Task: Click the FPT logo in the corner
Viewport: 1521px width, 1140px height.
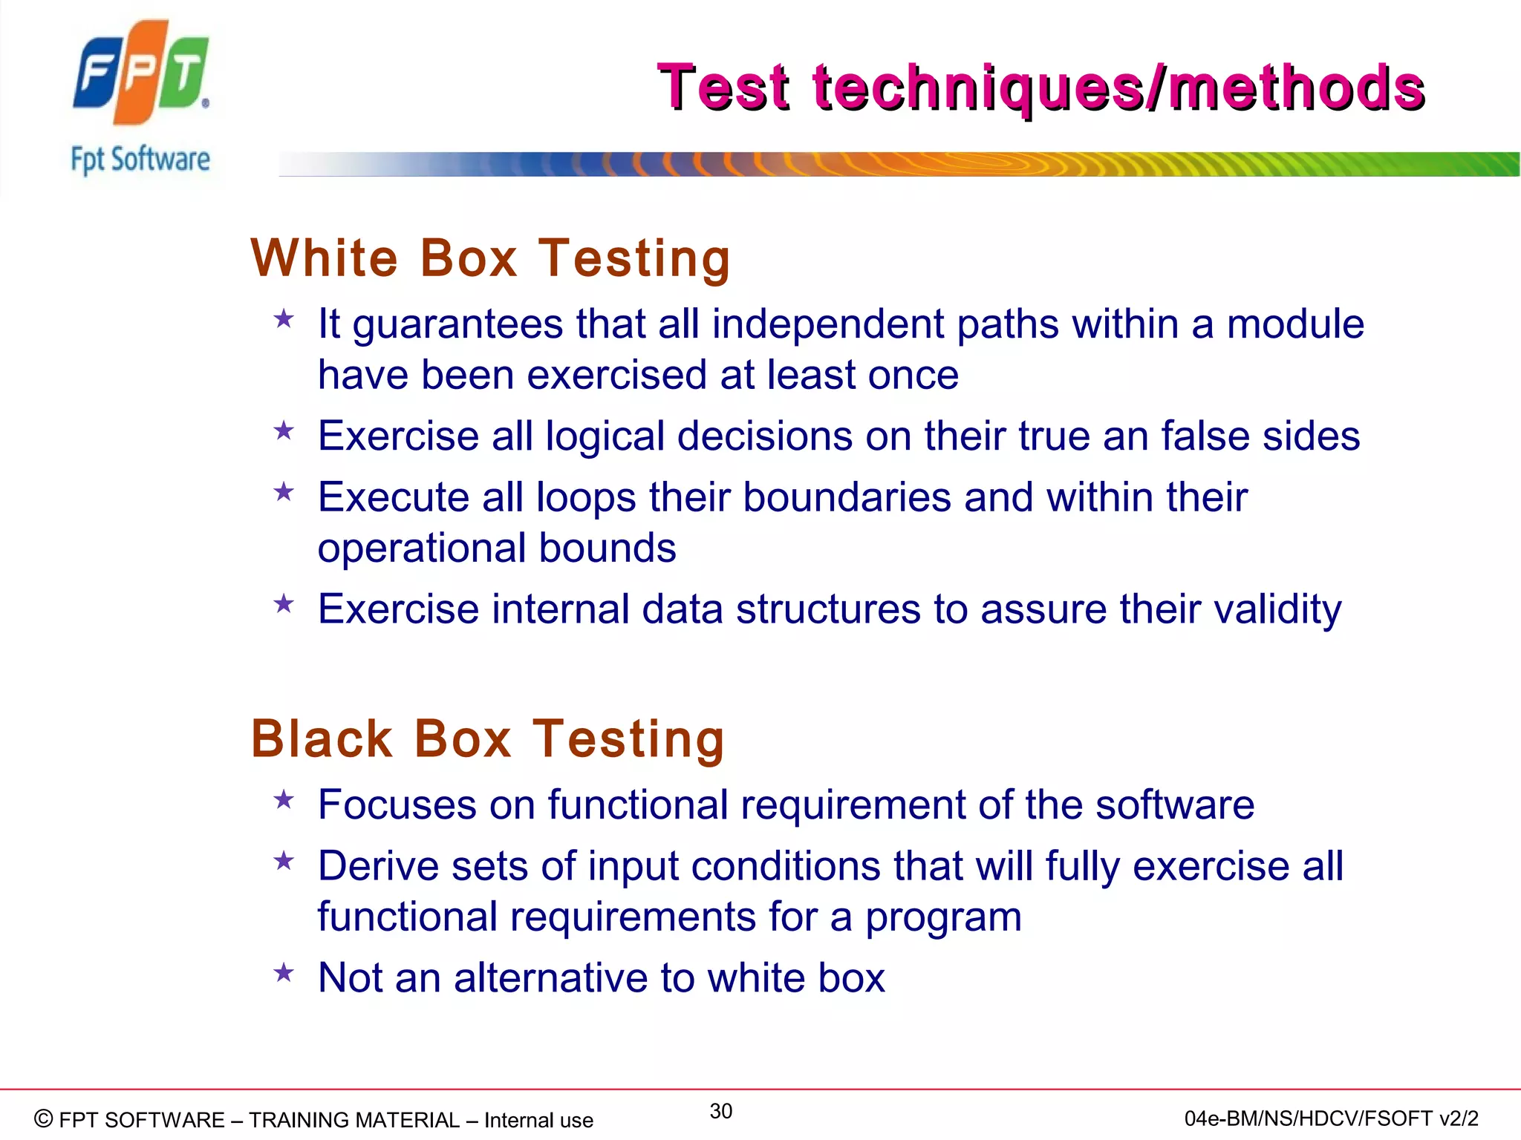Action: coord(141,72)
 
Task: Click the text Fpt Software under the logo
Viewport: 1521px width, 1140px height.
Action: coord(140,160)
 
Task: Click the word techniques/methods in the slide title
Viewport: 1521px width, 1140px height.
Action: coord(1118,88)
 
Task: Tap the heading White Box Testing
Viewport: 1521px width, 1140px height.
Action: coord(491,258)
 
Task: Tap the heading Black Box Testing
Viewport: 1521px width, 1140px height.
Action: coord(488,738)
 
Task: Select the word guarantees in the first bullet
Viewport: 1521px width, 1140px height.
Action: coord(457,325)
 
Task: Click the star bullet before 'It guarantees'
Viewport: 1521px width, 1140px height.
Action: coord(284,320)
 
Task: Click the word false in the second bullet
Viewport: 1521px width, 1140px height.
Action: coord(1205,436)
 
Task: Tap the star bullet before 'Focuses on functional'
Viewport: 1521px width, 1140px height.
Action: coord(284,800)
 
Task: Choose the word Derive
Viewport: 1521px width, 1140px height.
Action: coord(378,866)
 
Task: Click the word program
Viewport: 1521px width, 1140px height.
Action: coord(943,917)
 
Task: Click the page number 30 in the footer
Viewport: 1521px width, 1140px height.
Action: coord(721,1111)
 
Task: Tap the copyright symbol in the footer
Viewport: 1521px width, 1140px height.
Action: coord(44,1118)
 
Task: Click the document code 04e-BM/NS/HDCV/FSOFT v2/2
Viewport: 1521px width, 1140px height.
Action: coord(1331,1118)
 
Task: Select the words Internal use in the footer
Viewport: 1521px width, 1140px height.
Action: coord(538,1120)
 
